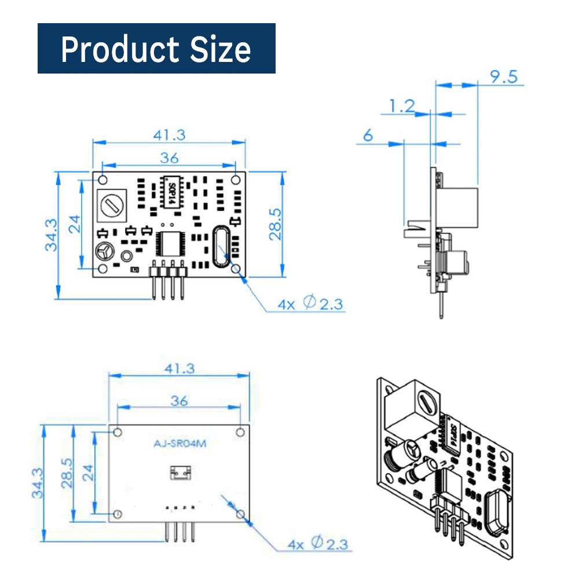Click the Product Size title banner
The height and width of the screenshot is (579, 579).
tap(156, 49)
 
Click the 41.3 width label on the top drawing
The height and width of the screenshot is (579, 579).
tap(169, 135)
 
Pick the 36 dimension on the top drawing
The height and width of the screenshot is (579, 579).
tap(169, 157)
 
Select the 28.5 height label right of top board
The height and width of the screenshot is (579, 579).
tap(274, 224)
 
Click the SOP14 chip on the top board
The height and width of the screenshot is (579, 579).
tap(171, 191)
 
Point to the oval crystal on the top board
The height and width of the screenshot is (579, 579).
tap(221, 247)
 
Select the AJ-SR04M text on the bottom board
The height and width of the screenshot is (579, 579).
tap(179, 445)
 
